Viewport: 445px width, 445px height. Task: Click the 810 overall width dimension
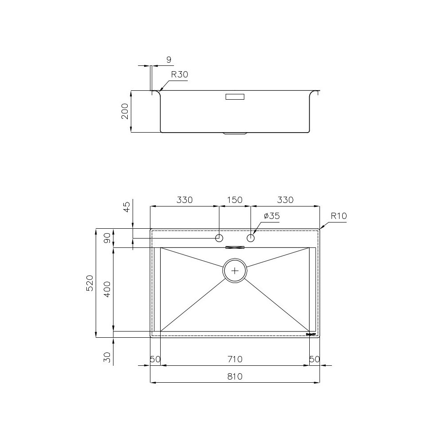(235, 376)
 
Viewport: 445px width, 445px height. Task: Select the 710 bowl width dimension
(235, 359)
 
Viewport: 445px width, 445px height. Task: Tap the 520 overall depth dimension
(89, 283)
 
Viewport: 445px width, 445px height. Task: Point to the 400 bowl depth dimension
(107, 289)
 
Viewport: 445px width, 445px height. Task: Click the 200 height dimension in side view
(125, 111)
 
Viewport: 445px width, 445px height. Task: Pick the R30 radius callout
(180, 75)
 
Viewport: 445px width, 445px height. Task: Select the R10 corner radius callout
(339, 216)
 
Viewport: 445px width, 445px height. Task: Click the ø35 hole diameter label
(271, 216)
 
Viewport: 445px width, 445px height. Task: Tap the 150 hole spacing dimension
(235, 200)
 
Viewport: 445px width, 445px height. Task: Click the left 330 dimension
(184, 200)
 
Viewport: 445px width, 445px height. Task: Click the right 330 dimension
(285, 200)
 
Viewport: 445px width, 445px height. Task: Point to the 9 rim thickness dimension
(169, 60)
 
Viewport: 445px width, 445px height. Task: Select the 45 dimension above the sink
(127, 207)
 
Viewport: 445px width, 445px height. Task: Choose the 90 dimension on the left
(107, 238)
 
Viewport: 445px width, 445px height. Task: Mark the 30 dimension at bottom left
(107, 357)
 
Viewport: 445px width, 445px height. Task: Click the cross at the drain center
(235, 270)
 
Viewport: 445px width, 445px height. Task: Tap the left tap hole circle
(219, 238)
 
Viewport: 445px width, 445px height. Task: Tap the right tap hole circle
(251, 238)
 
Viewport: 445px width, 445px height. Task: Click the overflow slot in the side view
(235, 97)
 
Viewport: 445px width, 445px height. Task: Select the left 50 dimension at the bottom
(155, 359)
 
